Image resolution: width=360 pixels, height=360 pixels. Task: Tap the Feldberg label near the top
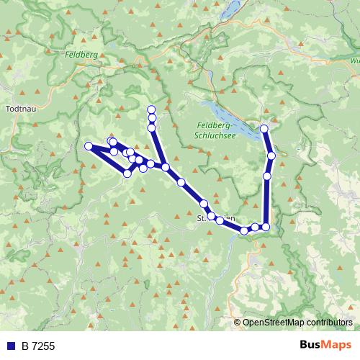[x=81, y=54]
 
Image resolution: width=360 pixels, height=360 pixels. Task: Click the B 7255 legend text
[x=37, y=346]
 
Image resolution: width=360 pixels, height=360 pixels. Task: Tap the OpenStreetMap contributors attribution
[x=297, y=323]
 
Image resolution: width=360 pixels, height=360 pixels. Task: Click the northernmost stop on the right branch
[x=264, y=129]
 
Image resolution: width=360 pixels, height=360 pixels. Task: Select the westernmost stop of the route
[x=89, y=146]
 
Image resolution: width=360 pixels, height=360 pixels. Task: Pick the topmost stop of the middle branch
[x=151, y=109]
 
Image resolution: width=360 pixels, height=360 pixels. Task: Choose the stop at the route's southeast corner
[x=266, y=227]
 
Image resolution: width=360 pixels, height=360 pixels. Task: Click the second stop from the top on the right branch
[x=271, y=156]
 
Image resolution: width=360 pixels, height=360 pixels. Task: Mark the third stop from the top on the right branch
[x=267, y=176]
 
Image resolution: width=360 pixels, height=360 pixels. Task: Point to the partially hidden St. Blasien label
[x=209, y=215]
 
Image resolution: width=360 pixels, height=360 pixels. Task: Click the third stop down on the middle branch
[x=151, y=128]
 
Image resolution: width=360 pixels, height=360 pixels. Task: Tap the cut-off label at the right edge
[x=355, y=61]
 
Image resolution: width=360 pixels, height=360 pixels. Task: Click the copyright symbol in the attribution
[x=238, y=323]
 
